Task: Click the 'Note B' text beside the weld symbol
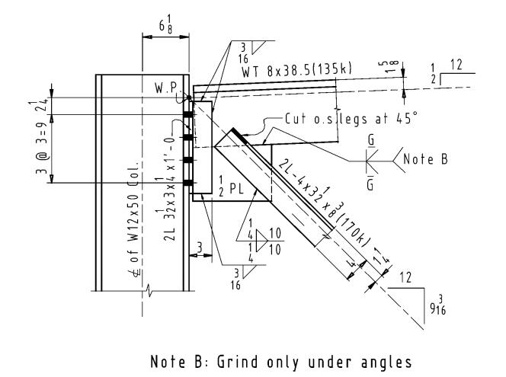[x=435, y=161]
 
